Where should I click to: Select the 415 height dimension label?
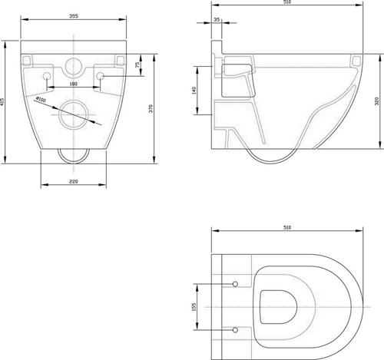pyautogui.click(x=4, y=101)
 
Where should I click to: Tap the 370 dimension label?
pyautogui.click(x=152, y=109)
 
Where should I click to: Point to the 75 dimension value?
pyautogui.click(x=137, y=65)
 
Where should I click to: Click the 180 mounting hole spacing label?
pyautogui.click(x=74, y=83)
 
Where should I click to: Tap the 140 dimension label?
pyautogui.click(x=195, y=91)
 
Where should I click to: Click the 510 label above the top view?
pyautogui.click(x=287, y=228)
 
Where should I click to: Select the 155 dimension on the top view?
pyautogui.click(x=195, y=306)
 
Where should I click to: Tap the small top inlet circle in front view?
pyautogui.click(x=74, y=64)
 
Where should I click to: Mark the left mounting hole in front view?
pyautogui.click(x=48, y=76)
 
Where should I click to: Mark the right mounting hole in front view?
pyautogui.click(x=101, y=75)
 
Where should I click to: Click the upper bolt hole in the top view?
pyautogui.click(x=233, y=285)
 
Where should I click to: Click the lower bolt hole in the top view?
pyautogui.click(x=233, y=329)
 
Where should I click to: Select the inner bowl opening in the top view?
pyautogui.click(x=278, y=306)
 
